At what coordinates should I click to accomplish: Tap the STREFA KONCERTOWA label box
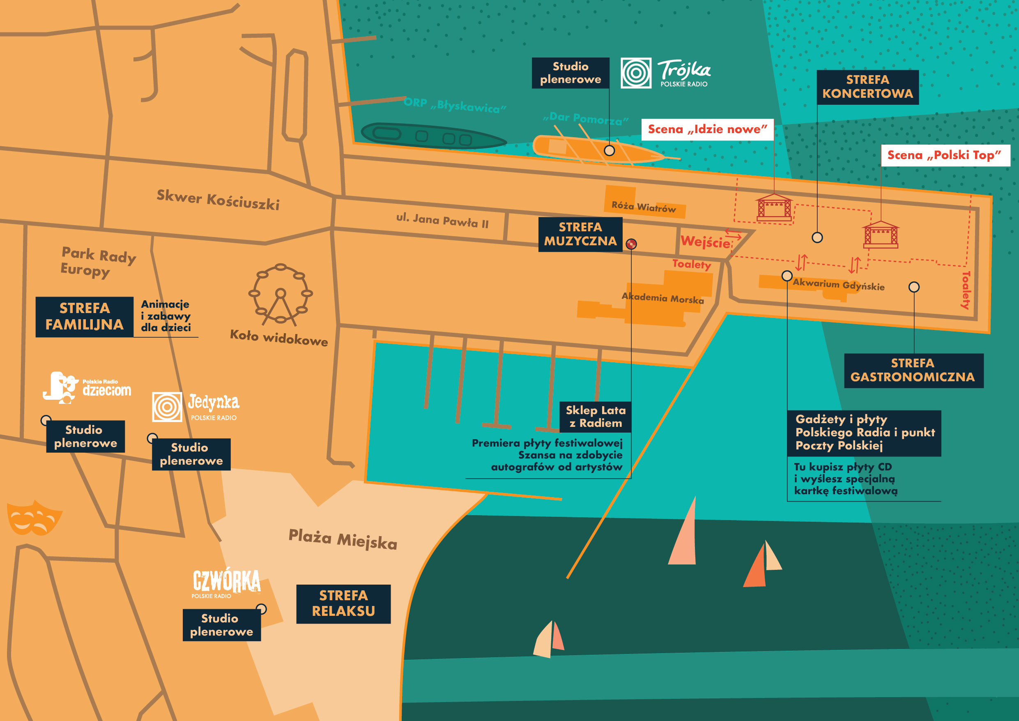click(868, 87)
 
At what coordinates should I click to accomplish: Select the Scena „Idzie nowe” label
click(707, 129)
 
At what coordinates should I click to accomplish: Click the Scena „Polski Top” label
click(945, 155)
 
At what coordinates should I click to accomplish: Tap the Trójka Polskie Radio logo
click(666, 73)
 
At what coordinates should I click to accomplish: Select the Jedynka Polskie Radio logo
click(195, 406)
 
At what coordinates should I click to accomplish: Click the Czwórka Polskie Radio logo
click(226, 583)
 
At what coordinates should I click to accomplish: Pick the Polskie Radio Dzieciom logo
click(87, 387)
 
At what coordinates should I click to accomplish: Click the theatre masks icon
click(34, 518)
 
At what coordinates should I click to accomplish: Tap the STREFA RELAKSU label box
click(343, 604)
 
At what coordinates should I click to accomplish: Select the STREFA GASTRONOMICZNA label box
click(913, 370)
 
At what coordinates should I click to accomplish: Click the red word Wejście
click(706, 242)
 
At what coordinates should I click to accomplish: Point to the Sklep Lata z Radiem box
click(595, 417)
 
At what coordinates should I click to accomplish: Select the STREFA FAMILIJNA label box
click(84, 317)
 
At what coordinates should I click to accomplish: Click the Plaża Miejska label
click(343, 539)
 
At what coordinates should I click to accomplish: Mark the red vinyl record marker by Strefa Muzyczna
click(631, 244)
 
